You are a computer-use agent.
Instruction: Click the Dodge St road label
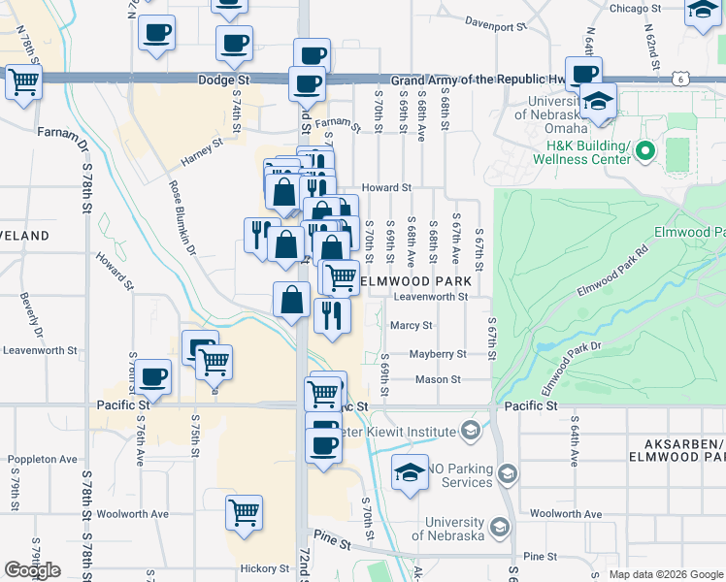tap(223, 81)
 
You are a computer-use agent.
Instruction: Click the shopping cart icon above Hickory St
tap(244, 510)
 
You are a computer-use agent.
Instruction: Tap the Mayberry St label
tap(438, 354)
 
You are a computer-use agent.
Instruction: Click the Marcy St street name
tap(412, 326)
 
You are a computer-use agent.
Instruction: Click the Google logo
tap(32, 570)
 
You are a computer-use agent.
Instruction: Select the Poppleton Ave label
tap(43, 459)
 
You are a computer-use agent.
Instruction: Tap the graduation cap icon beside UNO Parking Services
tap(411, 472)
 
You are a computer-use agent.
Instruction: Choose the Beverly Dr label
tap(30, 317)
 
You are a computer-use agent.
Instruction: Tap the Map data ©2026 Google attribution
tap(666, 574)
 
